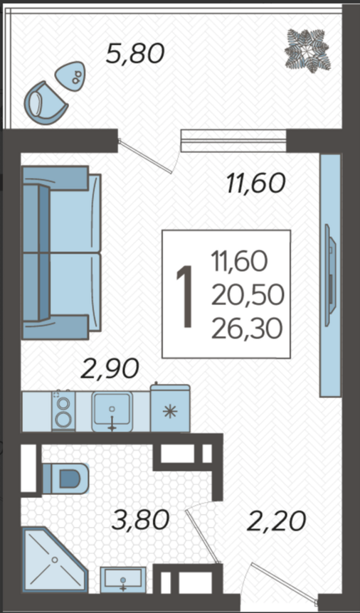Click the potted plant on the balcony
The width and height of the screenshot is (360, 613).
(x=307, y=50)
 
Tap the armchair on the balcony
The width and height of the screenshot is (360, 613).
(x=46, y=103)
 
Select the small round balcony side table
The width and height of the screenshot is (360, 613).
(x=70, y=76)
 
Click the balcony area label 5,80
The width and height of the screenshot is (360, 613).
(x=135, y=53)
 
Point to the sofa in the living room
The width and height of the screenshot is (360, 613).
(x=61, y=252)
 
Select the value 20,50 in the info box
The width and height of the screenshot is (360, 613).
(x=248, y=296)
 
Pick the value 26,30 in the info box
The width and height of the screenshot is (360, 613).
(x=247, y=329)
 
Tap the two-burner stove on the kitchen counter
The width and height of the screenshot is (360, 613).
(x=63, y=410)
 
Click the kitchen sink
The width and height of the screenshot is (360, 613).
(x=112, y=412)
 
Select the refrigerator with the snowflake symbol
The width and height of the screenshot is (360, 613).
(x=170, y=407)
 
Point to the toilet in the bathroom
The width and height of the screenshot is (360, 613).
(x=65, y=479)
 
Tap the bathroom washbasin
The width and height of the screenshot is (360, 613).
(x=123, y=580)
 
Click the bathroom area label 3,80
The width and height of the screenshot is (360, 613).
(x=140, y=521)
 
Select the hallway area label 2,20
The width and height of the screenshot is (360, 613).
(x=276, y=521)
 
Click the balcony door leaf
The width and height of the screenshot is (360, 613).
(x=146, y=156)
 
